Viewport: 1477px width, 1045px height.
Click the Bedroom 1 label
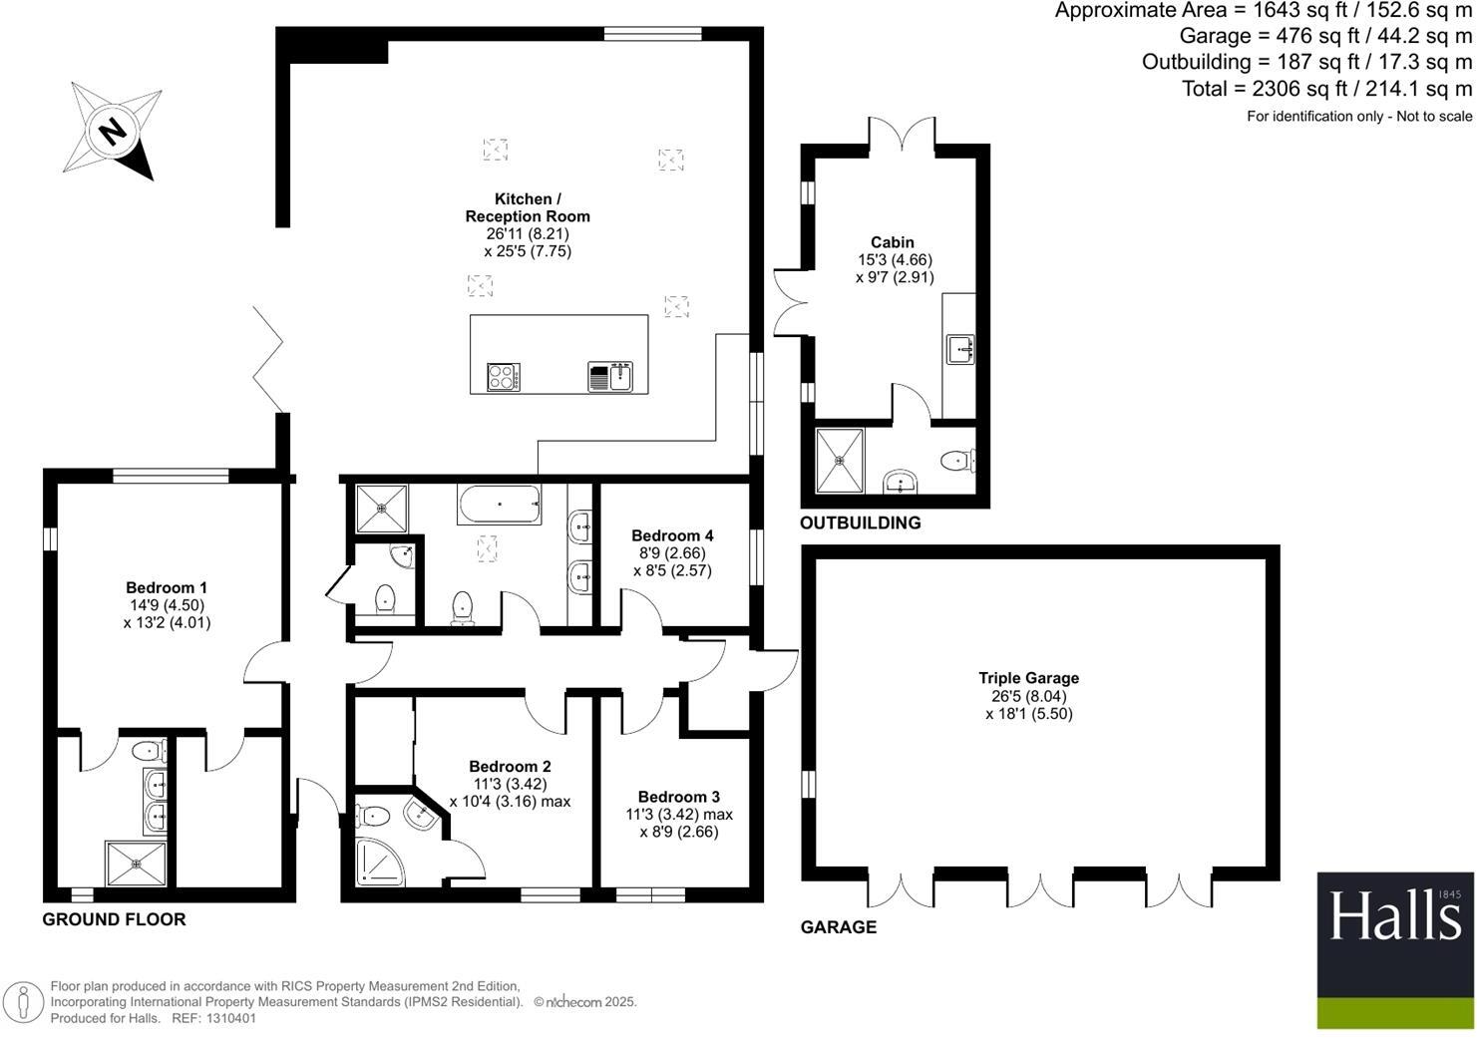[168, 587]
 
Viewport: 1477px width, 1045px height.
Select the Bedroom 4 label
[672, 535]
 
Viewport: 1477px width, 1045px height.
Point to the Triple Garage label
[1028, 678]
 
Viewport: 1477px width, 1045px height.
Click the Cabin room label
[893, 242]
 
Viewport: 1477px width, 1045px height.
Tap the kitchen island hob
[503, 377]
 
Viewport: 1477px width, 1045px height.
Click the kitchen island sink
[610, 377]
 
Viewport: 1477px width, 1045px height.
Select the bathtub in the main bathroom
[500, 505]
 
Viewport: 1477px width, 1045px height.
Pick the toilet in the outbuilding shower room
[957, 460]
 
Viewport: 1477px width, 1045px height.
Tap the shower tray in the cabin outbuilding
[841, 461]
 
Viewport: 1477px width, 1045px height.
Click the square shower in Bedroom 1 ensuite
[136, 863]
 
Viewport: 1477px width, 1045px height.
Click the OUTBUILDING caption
[861, 523]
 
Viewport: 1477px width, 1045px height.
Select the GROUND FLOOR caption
[114, 919]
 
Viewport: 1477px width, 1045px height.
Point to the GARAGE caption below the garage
[839, 927]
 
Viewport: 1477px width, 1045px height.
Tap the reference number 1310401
[230, 1019]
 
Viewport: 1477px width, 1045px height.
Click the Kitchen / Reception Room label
[528, 207]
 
